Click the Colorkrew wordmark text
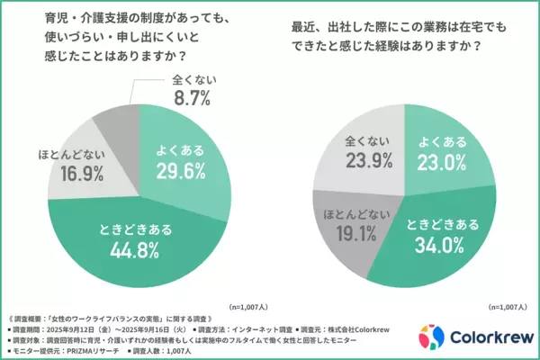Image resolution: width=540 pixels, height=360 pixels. pyautogui.click(x=488, y=337)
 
